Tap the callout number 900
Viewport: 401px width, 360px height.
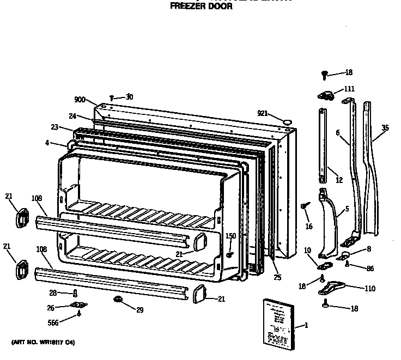80,100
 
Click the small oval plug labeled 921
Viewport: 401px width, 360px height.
288,118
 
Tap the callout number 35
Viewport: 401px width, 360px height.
385,128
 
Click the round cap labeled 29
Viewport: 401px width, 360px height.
118,299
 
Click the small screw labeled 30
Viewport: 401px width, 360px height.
111,97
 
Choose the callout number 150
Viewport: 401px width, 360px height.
231,236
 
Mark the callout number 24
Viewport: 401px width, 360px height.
72,115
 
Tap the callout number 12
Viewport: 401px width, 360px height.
339,180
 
